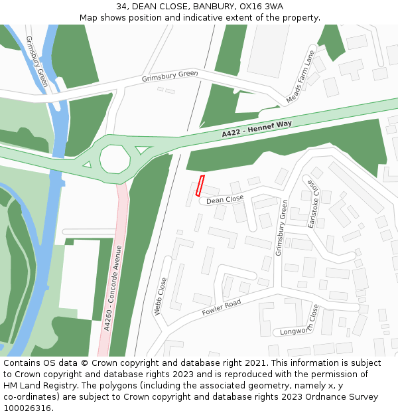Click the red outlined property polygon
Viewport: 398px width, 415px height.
[x=200, y=186]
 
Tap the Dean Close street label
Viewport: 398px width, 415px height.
[x=225, y=199]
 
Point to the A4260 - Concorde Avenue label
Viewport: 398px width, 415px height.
[x=113, y=288]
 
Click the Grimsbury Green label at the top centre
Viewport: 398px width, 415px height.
[x=170, y=77]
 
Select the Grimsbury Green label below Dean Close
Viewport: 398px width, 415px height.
[x=281, y=227]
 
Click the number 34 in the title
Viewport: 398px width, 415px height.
[x=121, y=7]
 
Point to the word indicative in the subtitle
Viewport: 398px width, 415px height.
[x=213, y=17]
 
